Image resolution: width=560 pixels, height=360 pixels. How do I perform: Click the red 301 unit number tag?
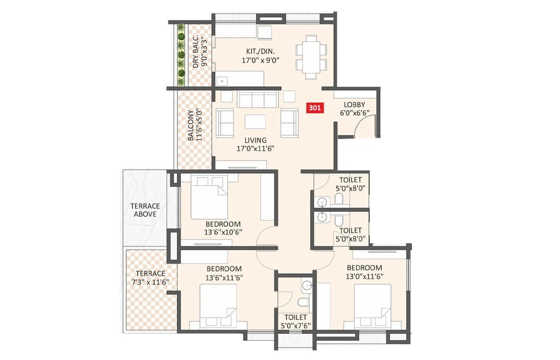[314, 108]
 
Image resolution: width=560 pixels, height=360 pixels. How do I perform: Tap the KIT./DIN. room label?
[260, 52]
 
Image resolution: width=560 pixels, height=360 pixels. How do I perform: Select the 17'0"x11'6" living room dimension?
[255, 148]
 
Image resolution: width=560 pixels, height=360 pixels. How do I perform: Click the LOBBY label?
[354, 105]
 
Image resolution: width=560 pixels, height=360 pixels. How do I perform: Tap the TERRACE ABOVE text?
[145, 210]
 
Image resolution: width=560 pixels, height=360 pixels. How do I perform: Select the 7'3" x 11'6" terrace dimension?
[150, 282]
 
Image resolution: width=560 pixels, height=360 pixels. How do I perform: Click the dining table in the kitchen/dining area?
[311, 57]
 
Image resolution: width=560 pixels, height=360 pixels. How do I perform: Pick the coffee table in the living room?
[255, 122]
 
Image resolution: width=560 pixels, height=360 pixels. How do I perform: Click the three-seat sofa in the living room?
[257, 99]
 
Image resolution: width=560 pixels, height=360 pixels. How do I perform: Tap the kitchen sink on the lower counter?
[222, 81]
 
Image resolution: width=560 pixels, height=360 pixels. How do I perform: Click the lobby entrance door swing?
[365, 126]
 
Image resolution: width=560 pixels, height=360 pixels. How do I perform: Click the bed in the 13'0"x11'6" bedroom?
[372, 306]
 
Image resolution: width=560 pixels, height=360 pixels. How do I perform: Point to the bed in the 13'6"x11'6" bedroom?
[218, 306]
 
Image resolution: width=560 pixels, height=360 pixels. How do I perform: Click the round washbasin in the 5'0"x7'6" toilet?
[307, 285]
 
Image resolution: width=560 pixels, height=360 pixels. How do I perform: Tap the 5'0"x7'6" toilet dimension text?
[296, 326]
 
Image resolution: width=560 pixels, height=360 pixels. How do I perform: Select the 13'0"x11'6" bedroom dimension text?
[364, 276]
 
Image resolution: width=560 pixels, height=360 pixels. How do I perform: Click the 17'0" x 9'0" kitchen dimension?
[260, 60]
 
